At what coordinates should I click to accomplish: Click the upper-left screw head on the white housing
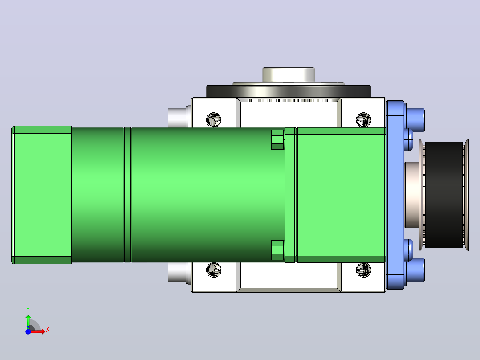pos(214,120)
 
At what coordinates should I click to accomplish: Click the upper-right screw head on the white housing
pos(364,120)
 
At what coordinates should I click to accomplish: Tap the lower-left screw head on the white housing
pos(214,270)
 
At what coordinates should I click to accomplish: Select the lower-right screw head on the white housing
pos(364,270)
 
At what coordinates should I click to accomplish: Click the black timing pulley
pos(444,195)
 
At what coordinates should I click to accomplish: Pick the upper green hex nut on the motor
pos(278,139)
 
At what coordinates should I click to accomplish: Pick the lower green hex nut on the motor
pos(278,250)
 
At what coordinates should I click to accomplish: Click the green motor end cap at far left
pos(42,195)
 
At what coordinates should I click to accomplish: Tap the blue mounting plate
pos(395,195)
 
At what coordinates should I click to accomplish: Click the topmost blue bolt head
pos(415,119)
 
